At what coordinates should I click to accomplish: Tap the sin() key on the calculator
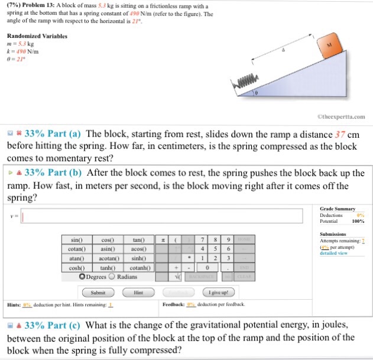[x=76, y=240]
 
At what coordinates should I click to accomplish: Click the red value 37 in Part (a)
[x=340, y=134]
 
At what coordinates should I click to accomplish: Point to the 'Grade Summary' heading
[x=338, y=209]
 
